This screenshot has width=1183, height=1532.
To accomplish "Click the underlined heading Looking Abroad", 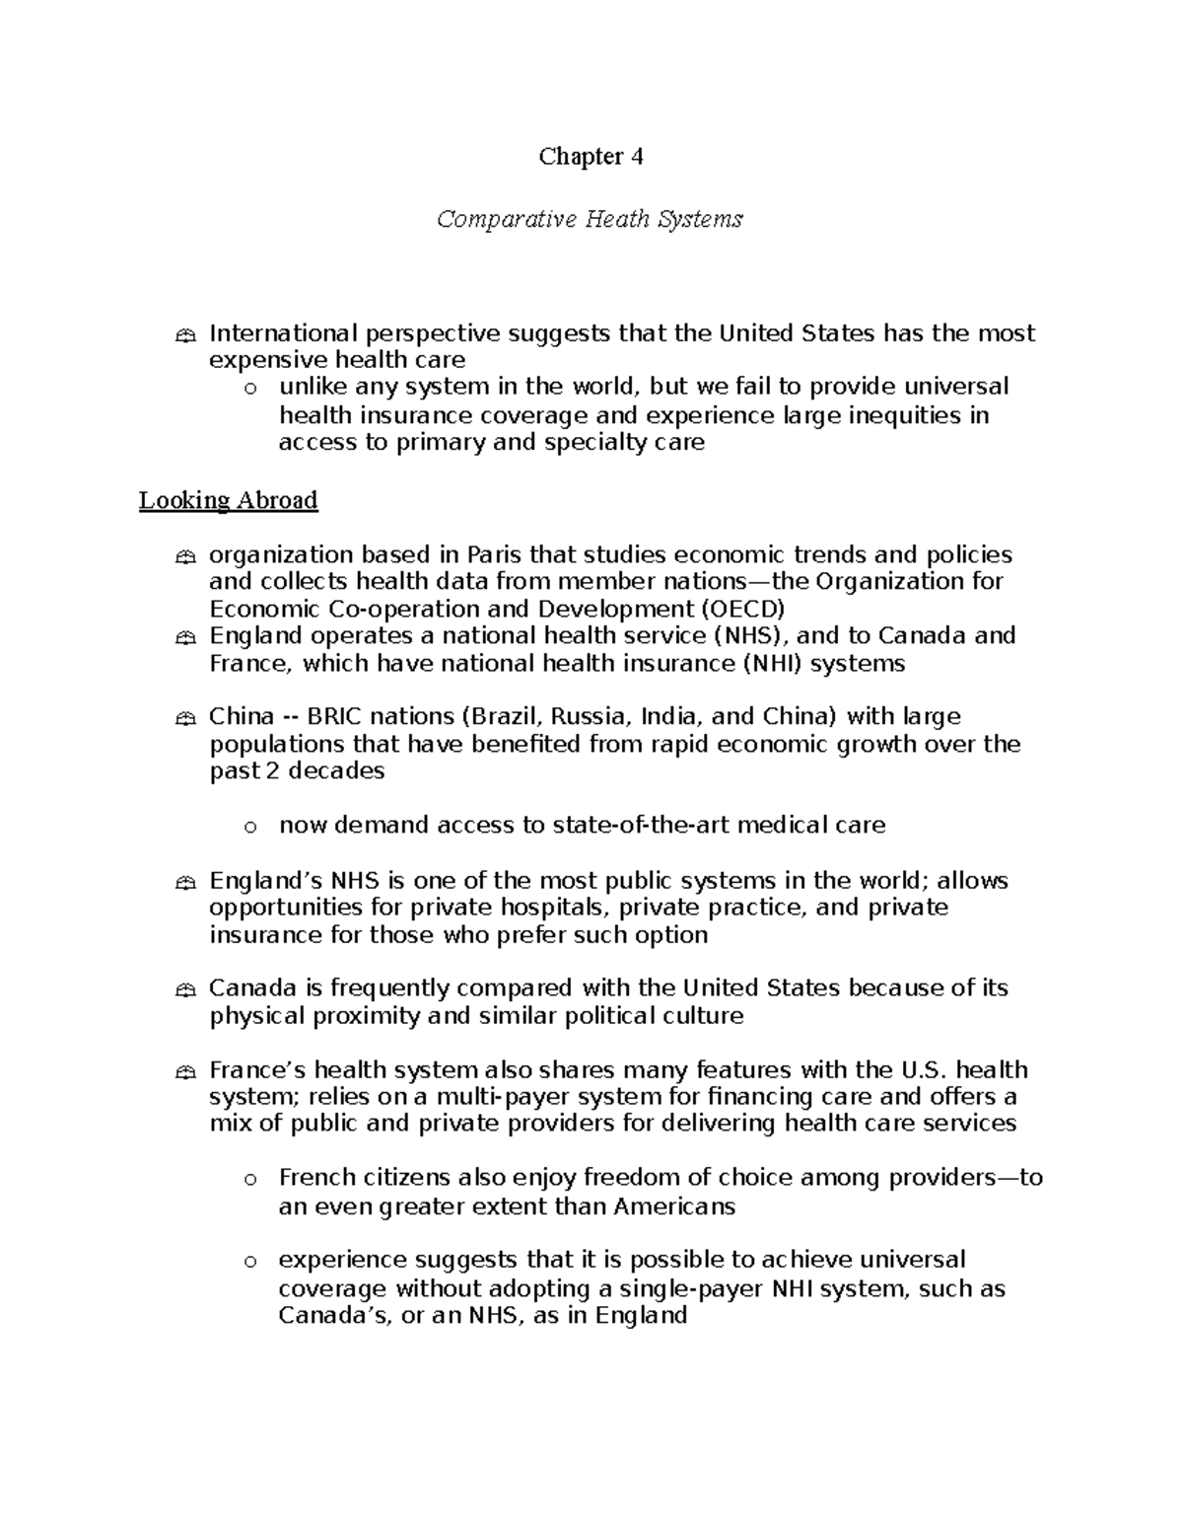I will tap(228, 500).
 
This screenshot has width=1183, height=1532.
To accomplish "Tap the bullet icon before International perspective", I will tap(183, 336).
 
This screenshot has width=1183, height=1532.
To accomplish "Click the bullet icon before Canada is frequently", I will tap(183, 990).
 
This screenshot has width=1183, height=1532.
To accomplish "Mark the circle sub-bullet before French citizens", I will tap(251, 1180).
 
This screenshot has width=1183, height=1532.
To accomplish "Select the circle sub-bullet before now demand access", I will tap(251, 827).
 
